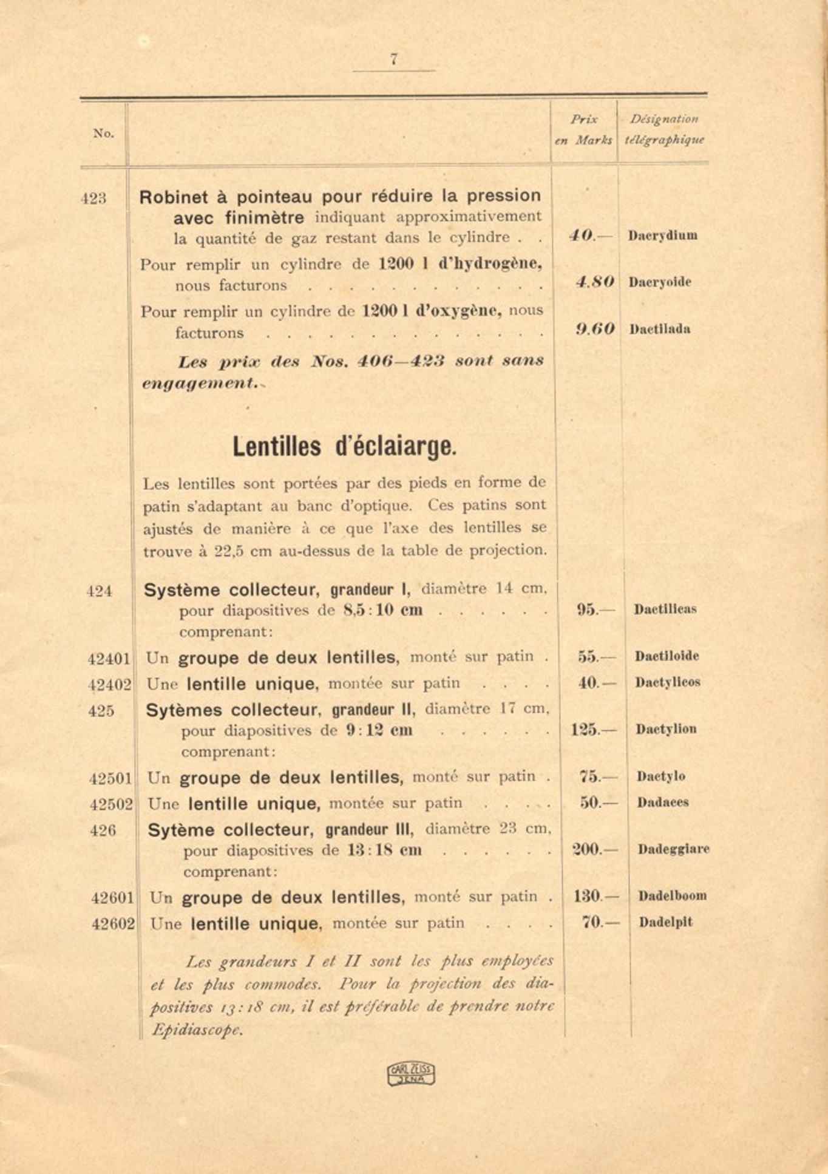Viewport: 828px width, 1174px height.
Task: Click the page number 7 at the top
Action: [x=394, y=59]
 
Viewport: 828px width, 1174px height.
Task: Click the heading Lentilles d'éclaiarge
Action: [x=344, y=447]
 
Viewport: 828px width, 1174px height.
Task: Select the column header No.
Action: [x=103, y=133]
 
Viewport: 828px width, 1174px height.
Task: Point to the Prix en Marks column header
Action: [x=583, y=129]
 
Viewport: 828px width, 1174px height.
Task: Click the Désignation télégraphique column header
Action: [x=664, y=129]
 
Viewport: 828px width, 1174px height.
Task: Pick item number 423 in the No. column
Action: [x=93, y=198]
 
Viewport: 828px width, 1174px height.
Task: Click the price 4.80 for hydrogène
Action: [x=594, y=282]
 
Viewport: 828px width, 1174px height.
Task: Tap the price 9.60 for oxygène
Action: [x=594, y=329]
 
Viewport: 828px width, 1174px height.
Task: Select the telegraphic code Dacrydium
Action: [x=662, y=236]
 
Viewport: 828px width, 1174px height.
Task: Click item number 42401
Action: [x=109, y=659]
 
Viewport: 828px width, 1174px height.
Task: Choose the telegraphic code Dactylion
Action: [x=666, y=729]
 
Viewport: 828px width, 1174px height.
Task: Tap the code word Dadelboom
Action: [x=672, y=896]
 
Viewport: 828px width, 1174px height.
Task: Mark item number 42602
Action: [x=113, y=924]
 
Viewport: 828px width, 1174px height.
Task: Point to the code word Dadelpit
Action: [x=665, y=923]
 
